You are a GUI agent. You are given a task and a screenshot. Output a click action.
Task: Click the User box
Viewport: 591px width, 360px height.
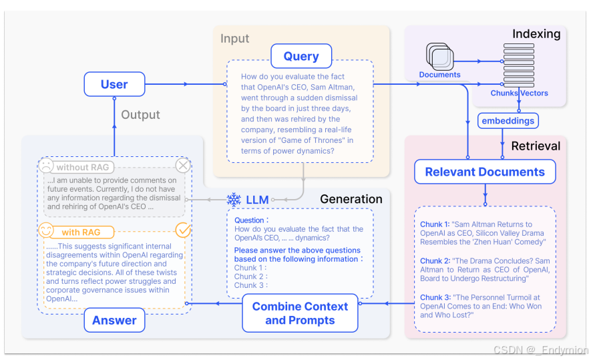pos(114,84)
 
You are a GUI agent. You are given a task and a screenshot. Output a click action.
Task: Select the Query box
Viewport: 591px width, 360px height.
pos(301,56)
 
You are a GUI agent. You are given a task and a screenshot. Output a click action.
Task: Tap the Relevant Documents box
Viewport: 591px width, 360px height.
pos(485,172)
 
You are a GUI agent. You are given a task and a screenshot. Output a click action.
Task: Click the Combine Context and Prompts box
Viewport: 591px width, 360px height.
pos(300,313)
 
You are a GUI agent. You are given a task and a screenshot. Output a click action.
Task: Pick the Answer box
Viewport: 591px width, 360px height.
pos(114,320)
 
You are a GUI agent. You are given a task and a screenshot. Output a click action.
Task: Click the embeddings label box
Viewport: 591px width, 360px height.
pos(508,121)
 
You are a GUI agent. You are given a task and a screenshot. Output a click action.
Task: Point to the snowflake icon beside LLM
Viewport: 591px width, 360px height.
pos(234,199)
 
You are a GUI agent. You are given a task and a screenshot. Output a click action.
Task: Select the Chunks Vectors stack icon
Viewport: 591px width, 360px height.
pos(514,64)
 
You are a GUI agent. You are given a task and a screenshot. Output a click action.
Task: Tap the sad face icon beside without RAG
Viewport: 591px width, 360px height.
pos(46,166)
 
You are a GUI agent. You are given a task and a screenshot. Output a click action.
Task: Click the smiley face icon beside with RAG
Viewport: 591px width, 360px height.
pos(46,231)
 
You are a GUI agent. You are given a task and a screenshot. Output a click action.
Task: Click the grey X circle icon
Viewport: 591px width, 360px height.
pos(182,166)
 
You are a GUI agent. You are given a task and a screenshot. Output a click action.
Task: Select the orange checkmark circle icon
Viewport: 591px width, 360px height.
pos(182,230)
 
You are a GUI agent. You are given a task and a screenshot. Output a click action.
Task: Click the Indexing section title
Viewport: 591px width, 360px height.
pos(536,33)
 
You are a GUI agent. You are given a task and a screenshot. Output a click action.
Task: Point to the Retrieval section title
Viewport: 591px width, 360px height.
pos(536,146)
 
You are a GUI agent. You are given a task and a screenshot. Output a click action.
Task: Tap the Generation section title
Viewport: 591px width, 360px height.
pos(351,199)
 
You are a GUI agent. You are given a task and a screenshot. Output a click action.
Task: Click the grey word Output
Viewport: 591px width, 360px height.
pos(140,115)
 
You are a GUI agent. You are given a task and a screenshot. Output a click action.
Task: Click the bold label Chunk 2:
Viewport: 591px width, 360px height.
pos(435,261)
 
